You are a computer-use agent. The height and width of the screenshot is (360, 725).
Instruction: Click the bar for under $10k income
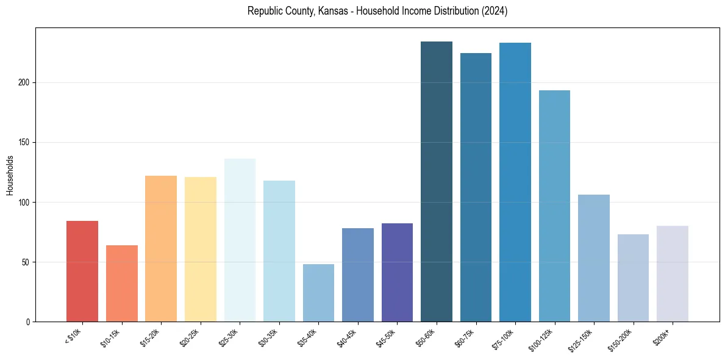click(x=82, y=272)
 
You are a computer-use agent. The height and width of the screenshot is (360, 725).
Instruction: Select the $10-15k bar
click(x=122, y=284)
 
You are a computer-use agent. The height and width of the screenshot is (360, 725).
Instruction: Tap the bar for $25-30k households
click(x=240, y=240)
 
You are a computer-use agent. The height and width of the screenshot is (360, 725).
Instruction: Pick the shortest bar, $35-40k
click(x=318, y=293)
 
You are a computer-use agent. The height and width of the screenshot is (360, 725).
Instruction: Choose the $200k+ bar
click(x=673, y=274)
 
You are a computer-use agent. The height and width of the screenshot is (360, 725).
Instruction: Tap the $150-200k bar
click(x=633, y=278)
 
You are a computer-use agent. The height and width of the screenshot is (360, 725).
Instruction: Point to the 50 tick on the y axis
click(x=26, y=262)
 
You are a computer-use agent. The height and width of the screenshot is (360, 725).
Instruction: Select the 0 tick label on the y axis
click(x=28, y=322)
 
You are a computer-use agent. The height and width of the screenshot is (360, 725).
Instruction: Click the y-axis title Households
click(x=10, y=175)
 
